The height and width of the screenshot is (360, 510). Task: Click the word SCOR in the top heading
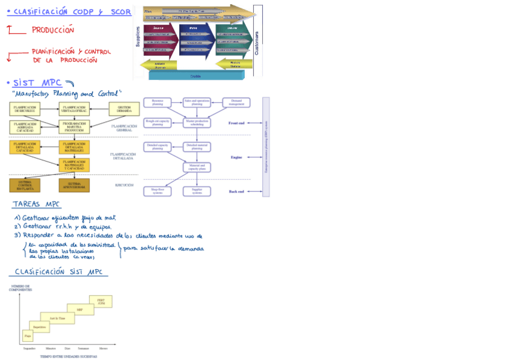tap(120, 11)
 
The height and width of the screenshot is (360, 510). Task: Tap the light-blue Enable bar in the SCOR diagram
tap(195, 75)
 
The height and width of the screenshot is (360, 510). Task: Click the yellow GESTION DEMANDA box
tap(124, 109)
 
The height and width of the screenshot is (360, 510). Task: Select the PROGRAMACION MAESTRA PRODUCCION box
tap(74, 127)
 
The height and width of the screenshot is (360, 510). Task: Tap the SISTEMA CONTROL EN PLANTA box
tap(25, 185)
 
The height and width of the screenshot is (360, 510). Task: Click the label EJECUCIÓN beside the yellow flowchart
tap(124, 185)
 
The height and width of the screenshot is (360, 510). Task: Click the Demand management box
tap(236, 103)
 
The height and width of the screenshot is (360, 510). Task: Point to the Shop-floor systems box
tap(158, 191)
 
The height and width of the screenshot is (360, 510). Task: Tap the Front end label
tap(236, 123)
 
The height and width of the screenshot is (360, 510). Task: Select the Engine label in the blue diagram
tap(236, 157)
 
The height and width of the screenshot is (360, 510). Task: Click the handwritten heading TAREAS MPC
tap(36, 204)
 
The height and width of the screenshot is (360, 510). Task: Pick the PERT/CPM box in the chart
tap(100, 301)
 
